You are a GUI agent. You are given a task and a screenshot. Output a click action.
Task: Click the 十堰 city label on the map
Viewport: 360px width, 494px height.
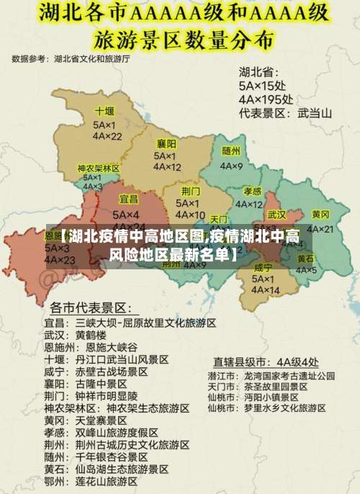[104, 111]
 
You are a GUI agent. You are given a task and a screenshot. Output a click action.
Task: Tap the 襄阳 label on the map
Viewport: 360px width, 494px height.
[166, 143]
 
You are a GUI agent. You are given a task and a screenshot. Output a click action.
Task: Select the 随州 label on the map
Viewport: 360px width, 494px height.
[231, 151]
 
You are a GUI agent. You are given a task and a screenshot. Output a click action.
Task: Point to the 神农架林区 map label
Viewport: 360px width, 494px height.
[99, 168]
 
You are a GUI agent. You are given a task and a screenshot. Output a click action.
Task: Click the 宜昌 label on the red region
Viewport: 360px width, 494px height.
[129, 198]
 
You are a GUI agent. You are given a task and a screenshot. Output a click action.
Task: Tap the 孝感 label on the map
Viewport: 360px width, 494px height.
[252, 191]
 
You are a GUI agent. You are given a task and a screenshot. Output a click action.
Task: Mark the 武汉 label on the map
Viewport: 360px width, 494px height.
[276, 215]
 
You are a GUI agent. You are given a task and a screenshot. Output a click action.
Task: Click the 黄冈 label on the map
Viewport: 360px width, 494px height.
[320, 215]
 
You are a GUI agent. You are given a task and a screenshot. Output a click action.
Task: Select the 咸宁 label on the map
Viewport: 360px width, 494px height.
[264, 267]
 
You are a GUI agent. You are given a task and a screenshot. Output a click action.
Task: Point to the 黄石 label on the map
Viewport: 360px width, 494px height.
[305, 258]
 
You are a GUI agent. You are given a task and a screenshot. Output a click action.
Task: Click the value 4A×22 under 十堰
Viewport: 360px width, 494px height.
[107, 135]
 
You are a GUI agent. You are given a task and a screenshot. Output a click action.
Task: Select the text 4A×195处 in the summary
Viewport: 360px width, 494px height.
[266, 99]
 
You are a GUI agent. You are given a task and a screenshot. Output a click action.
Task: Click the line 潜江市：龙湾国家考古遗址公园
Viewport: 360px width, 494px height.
[271, 375]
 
